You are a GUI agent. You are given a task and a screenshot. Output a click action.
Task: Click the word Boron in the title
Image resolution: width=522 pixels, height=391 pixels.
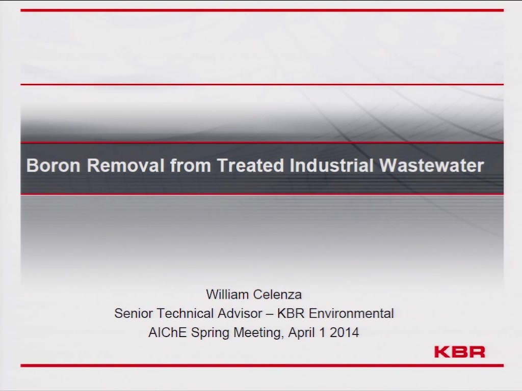coord(53,165)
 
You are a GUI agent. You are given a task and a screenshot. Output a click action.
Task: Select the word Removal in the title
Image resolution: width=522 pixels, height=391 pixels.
coord(125,165)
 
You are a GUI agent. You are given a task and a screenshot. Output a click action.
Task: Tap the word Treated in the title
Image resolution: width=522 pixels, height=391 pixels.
coord(250,165)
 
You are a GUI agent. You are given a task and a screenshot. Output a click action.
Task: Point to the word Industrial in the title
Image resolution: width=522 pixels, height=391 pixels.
coord(331,165)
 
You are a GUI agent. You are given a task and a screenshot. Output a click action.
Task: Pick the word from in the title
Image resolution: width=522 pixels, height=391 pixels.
coord(191,165)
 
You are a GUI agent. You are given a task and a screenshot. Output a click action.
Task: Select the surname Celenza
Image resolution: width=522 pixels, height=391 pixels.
coord(277,295)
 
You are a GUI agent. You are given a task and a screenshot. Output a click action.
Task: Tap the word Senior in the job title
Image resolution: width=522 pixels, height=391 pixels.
coord(133,314)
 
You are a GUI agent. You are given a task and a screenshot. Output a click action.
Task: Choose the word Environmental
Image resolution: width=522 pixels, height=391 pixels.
coord(351,314)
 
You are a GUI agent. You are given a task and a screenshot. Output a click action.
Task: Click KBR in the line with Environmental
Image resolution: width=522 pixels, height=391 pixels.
coord(291,314)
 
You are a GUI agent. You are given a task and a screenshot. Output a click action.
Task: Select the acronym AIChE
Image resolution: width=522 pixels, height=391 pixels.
coord(167,332)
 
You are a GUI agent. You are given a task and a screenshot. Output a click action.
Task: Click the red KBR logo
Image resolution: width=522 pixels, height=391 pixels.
coord(460,352)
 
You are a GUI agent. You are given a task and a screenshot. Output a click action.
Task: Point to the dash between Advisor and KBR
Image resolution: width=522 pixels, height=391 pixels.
coord(270,314)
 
